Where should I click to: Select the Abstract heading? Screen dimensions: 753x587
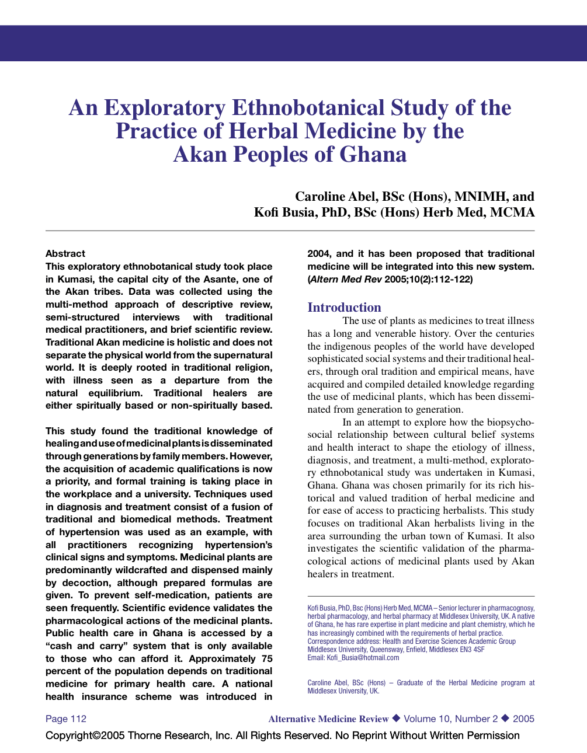pos(65,253)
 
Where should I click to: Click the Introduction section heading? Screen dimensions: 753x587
pos(344,307)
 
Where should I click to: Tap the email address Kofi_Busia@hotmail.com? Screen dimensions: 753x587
pos(362,657)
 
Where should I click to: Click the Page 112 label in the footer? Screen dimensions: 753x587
pos(66,719)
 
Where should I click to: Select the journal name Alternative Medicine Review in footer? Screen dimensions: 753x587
pos(328,719)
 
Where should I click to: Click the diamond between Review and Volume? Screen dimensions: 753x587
pos(396,718)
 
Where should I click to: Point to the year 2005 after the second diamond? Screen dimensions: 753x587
pos(523,719)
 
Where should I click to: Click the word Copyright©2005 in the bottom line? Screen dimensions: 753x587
pos(85,735)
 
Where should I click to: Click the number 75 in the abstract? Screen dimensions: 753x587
pos(266,658)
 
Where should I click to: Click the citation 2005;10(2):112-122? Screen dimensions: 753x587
pos(428,279)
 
